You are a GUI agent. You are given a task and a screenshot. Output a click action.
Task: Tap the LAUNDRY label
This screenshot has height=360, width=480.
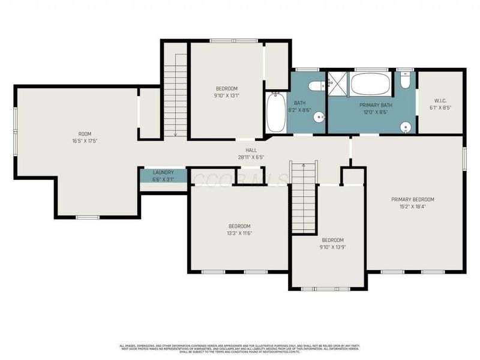[x=163, y=172]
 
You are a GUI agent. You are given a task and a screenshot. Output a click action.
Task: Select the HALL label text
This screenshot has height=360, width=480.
[x=251, y=150]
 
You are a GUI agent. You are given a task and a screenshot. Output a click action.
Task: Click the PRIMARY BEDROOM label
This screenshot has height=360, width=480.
[x=413, y=200]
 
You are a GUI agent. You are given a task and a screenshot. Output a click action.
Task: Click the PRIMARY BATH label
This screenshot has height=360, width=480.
[x=374, y=105]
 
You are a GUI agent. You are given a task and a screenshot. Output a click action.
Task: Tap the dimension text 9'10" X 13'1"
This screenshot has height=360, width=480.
[x=226, y=95]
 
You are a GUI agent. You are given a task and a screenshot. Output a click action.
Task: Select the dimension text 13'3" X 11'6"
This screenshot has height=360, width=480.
[x=238, y=233]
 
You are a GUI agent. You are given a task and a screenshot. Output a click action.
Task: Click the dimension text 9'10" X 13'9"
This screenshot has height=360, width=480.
[x=332, y=247]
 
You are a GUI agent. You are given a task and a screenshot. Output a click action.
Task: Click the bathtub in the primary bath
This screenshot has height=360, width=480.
[x=370, y=84]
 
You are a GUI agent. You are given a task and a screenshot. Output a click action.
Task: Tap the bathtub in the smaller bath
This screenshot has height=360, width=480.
[x=275, y=113]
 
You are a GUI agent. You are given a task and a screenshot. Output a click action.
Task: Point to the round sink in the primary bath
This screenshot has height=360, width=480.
[x=407, y=127]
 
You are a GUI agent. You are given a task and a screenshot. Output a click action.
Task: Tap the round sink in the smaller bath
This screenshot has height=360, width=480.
[x=320, y=118]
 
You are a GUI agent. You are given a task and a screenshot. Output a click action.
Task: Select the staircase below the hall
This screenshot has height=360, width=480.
[x=304, y=197]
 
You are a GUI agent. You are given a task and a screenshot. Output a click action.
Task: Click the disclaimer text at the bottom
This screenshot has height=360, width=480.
[x=240, y=349]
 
